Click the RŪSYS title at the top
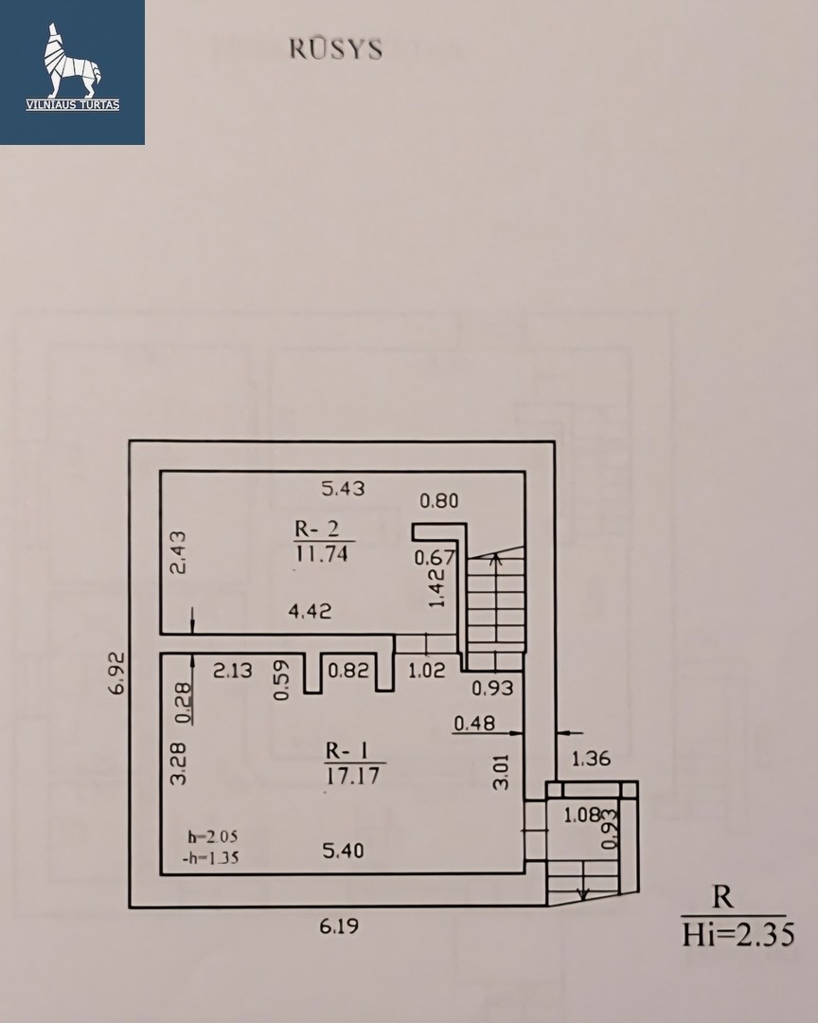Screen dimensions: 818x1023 (336, 49)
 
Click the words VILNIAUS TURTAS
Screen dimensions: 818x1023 (72, 105)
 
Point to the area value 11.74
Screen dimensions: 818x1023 (322, 554)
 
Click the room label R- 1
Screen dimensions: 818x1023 (347, 751)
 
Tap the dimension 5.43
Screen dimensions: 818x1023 (343, 488)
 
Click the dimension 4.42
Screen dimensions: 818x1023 (310, 611)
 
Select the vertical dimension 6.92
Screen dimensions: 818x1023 (116, 673)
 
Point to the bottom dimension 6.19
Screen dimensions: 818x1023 (339, 925)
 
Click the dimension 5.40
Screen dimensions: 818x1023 (343, 851)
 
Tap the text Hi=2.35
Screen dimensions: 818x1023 (738, 936)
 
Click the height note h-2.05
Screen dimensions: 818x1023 (213, 836)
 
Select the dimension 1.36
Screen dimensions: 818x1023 (591, 759)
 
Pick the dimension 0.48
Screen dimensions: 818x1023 (474, 723)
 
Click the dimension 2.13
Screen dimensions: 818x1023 (233, 670)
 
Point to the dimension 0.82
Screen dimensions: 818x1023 (348, 670)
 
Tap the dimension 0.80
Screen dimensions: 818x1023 (438, 501)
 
